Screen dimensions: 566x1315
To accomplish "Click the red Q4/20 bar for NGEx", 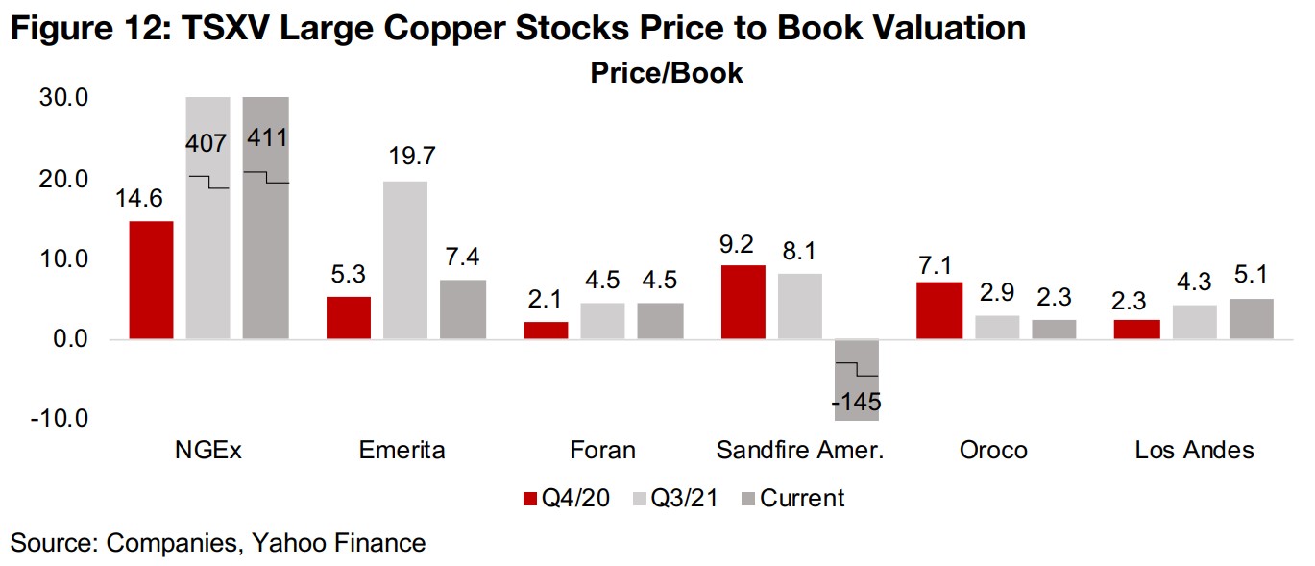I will tap(150, 280).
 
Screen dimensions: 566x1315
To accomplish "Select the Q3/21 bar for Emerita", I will tap(404, 259).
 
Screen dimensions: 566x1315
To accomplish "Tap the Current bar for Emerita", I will tap(463, 308).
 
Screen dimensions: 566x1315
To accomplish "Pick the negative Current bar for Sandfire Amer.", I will tap(856, 380).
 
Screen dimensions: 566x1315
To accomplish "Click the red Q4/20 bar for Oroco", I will tap(939, 309).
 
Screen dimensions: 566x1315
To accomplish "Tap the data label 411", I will tap(266, 137).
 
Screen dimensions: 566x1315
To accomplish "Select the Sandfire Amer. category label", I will tap(800, 450).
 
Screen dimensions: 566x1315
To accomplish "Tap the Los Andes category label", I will tap(1194, 450).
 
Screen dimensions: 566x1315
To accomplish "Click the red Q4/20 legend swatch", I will tap(528, 499).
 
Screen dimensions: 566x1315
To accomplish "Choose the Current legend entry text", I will tap(802, 499).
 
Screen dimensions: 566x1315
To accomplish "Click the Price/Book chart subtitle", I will tap(667, 73).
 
